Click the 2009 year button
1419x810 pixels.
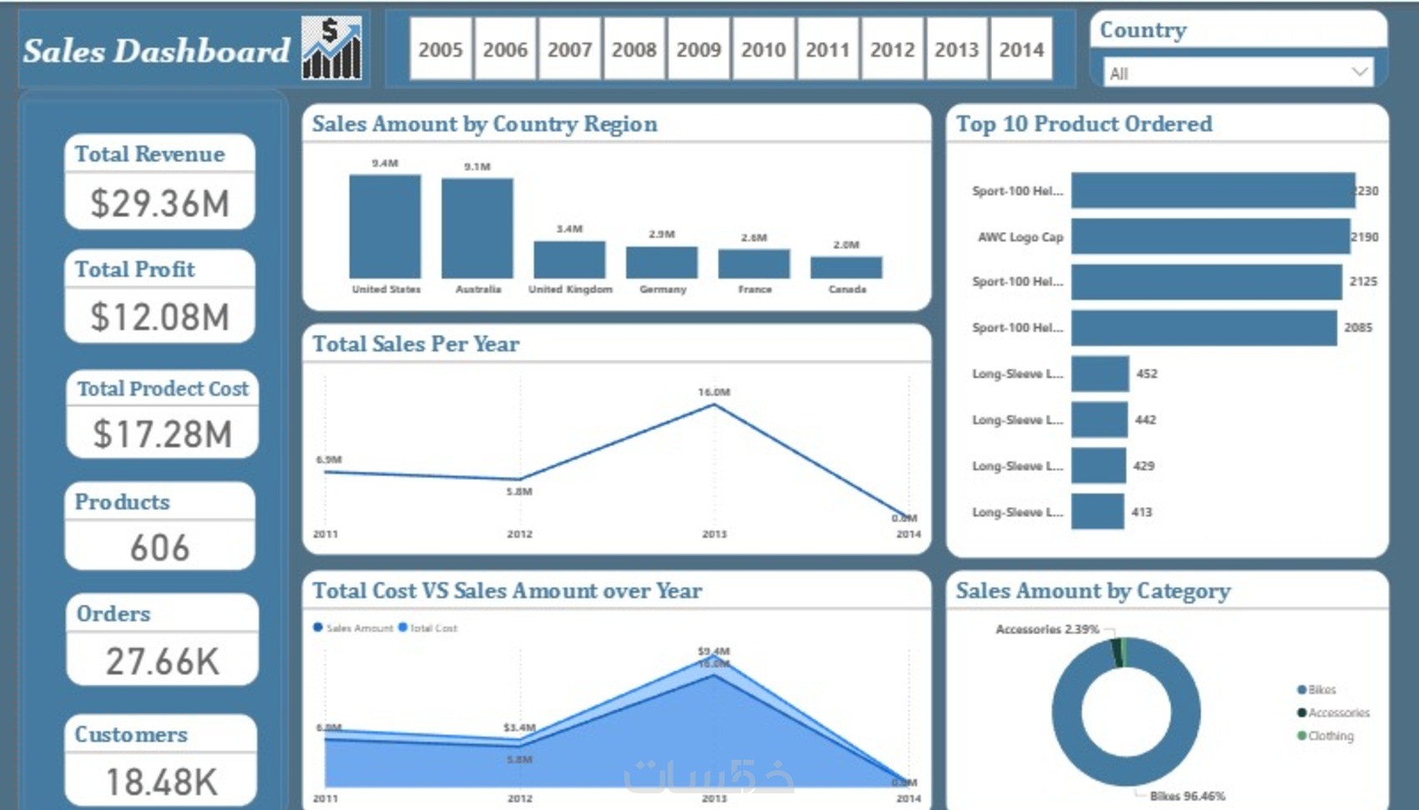point(699,50)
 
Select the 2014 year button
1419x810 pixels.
point(1021,50)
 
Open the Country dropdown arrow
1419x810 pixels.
point(1359,73)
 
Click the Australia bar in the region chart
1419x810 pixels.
point(477,228)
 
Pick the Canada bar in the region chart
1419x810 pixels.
point(846,267)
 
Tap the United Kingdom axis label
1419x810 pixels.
point(570,289)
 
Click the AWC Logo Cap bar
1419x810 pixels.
point(1210,236)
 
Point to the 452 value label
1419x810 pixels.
point(1147,373)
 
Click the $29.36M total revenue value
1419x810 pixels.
point(159,203)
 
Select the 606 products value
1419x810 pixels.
point(159,548)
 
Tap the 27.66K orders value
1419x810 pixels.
point(162,661)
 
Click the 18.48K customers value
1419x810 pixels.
point(161,782)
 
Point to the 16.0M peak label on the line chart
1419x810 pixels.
point(714,392)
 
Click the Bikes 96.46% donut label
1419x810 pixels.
point(1187,796)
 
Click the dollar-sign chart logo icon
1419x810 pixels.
point(332,48)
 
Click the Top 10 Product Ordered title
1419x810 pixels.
point(1083,124)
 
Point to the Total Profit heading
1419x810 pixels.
point(134,269)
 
